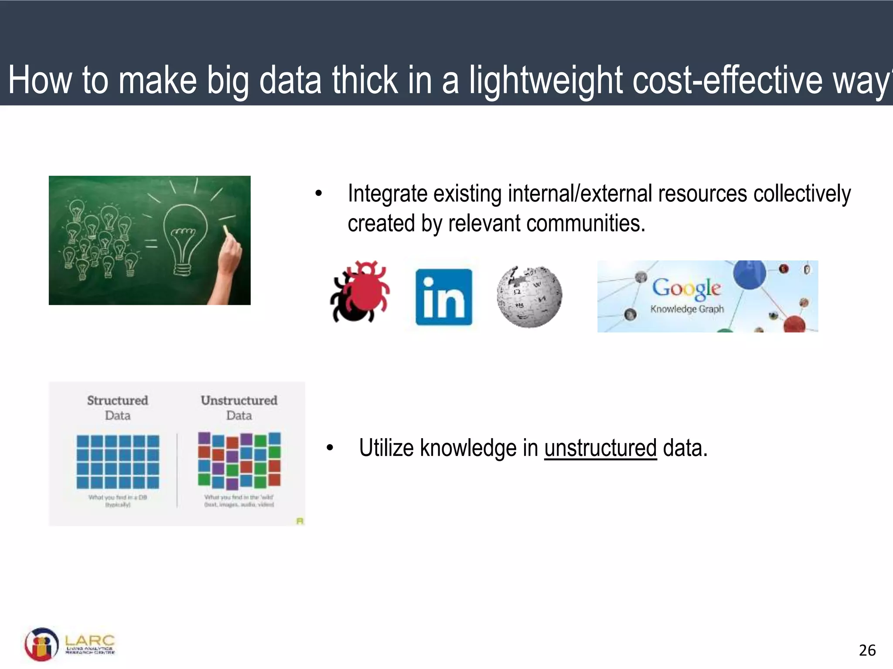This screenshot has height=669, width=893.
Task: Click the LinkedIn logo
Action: pyautogui.click(x=443, y=297)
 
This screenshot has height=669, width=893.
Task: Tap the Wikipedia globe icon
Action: pyautogui.click(x=529, y=297)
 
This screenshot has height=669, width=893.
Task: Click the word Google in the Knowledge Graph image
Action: pyautogui.click(x=686, y=288)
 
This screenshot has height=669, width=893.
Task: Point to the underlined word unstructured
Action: pyautogui.click(x=600, y=448)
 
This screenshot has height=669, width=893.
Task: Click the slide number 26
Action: pyautogui.click(x=867, y=650)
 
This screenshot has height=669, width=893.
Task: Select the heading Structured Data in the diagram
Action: pyautogui.click(x=118, y=407)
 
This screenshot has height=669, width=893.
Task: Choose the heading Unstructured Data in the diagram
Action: pyautogui.click(x=239, y=407)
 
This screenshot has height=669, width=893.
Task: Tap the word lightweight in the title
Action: pyautogui.click(x=546, y=81)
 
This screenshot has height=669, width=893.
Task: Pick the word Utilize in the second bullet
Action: pyautogui.click(x=386, y=448)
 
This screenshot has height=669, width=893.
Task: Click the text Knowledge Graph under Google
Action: pyautogui.click(x=687, y=309)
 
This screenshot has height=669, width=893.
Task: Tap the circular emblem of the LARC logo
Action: pyautogui.click(x=41, y=645)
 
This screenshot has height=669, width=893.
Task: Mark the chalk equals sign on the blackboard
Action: pyautogui.click(x=151, y=243)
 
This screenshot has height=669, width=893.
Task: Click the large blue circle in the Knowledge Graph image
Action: pyautogui.click(x=749, y=274)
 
